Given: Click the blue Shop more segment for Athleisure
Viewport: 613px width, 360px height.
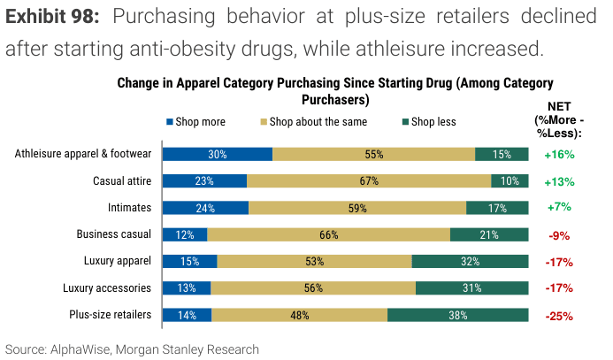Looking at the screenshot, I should point(218,154).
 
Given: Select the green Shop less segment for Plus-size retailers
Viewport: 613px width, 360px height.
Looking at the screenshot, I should point(457,315).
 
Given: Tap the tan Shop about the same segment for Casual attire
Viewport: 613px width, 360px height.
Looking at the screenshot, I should point(369,181).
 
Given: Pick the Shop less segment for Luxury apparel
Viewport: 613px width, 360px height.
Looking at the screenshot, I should point(470,262).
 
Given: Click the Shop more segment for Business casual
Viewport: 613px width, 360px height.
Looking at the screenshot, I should point(185,234).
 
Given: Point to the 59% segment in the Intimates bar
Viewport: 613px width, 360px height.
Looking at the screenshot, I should point(357,208).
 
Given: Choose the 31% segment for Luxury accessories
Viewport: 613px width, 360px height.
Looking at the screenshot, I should point(471,288).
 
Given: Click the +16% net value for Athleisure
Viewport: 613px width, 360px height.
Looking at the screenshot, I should point(559,155).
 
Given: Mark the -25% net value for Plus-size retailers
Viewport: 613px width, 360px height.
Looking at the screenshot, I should point(559,316).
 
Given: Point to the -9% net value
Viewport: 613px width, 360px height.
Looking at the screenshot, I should point(559,235).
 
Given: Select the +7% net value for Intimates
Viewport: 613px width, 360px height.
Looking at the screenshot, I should point(559,209).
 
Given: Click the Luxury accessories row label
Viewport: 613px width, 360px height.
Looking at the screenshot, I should point(107,288).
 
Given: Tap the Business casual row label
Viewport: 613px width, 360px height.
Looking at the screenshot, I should point(114,234).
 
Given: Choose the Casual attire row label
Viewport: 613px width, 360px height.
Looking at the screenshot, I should point(122,181).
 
